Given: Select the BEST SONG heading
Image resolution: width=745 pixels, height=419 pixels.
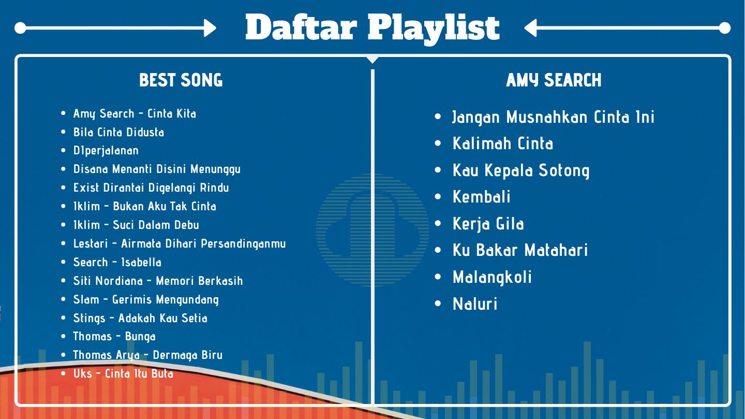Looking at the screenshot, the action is click(181, 80).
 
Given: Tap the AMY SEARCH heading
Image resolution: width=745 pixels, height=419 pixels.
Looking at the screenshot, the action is click(554, 80).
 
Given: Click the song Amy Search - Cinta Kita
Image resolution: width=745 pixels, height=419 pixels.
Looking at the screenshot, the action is click(135, 114).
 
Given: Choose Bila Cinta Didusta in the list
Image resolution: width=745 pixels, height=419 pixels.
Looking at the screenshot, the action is click(119, 132).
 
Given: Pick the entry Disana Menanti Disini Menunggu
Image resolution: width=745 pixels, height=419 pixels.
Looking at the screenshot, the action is click(157, 169).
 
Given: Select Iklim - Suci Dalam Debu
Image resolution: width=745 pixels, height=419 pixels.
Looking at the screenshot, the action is click(136, 225).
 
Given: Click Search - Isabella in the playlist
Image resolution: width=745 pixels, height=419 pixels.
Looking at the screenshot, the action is click(117, 262).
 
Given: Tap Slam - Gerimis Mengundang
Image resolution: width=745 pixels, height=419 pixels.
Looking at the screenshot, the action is click(146, 300).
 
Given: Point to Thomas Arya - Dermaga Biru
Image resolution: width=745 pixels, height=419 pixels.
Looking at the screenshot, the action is click(147, 355).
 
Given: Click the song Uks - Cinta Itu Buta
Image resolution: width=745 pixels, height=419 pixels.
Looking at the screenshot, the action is click(123, 374).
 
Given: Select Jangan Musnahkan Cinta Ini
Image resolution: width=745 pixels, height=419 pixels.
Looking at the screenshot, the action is click(554, 118).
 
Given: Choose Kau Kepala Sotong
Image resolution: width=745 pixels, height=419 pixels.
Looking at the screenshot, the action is click(521, 171).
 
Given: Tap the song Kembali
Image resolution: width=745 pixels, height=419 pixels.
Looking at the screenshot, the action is click(481, 196).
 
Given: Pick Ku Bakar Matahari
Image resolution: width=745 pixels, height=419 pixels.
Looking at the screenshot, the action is click(520, 250).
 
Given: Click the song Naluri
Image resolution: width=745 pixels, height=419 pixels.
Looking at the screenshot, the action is click(475, 304).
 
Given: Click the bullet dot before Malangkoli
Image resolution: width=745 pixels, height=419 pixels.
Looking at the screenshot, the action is click(438, 277).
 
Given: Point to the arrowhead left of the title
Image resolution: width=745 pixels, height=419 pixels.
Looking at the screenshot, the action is click(210, 28).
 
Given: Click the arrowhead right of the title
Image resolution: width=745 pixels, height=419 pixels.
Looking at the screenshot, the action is click(530, 28).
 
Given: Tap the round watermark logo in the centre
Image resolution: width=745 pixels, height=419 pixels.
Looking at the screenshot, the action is click(373, 230).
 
